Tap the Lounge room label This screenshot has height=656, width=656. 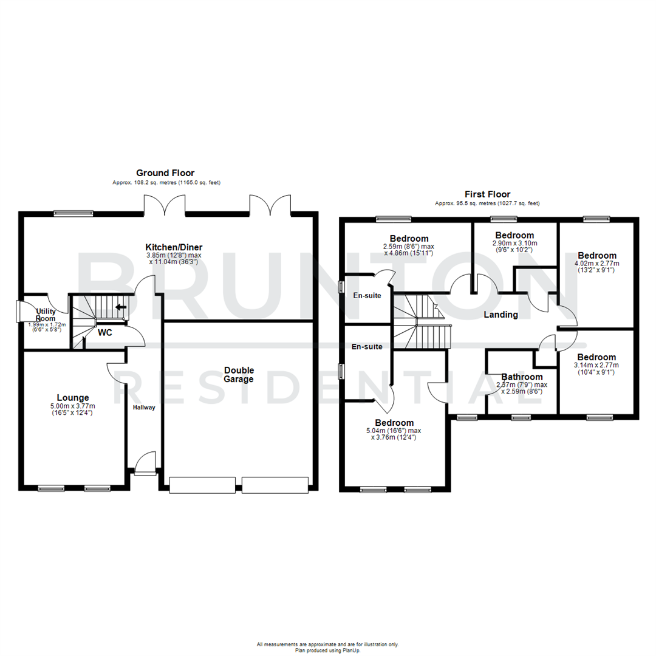click(x=73, y=398)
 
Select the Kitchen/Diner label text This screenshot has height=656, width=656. click(x=174, y=247)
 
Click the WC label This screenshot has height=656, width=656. click(x=104, y=333)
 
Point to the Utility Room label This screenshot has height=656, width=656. click(x=46, y=315)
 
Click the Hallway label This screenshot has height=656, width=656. click(x=145, y=408)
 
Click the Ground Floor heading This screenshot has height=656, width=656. click(x=165, y=173)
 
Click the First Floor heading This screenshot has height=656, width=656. click(x=487, y=194)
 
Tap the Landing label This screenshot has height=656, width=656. click(x=501, y=315)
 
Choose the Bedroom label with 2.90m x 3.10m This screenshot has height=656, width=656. click(x=514, y=235)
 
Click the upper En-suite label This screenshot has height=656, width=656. click(x=367, y=296)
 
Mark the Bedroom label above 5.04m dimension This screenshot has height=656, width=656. click(x=394, y=423)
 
